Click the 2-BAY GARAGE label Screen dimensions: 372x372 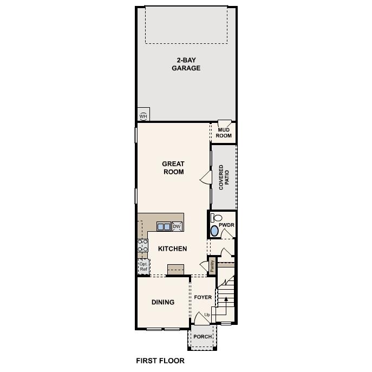tap(186, 64)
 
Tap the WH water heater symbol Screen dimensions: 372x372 tap(143, 115)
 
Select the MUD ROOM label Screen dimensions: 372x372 tap(224, 133)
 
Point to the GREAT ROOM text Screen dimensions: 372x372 tap(173, 168)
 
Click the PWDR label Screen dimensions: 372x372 tap(226, 224)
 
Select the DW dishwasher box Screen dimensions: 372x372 tap(177, 226)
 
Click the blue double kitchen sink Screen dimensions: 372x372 tap(164, 226)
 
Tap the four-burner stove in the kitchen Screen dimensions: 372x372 tap(142, 246)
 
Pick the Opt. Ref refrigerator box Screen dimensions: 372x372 tap(143, 266)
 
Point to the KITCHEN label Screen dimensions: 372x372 tap(172, 249)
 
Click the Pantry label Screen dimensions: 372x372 tap(212, 265)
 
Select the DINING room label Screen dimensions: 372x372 tap(162, 302)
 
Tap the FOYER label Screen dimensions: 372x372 tap(203, 297)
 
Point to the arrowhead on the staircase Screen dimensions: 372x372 tap(226, 298)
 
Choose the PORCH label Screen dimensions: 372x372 tap(203, 337)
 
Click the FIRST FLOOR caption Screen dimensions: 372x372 tap(160, 361)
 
